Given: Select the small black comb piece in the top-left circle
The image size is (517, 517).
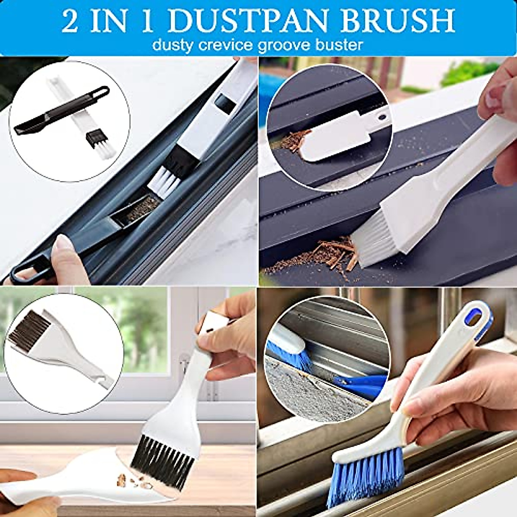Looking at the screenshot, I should pyautogui.click(x=93, y=139).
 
